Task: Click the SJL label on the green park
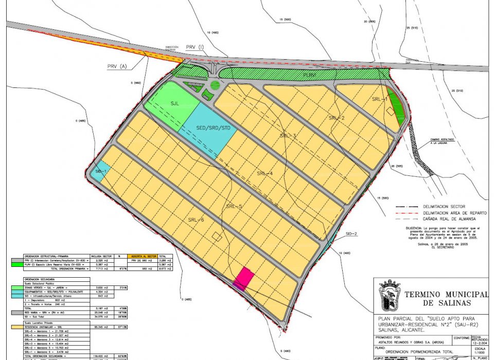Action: click(174, 103)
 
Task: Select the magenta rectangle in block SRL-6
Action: click(243, 278)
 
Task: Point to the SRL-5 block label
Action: click(234, 206)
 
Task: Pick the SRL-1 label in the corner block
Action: click(379, 99)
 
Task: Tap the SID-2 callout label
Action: click(351, 234)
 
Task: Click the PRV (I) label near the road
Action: click(195, 47)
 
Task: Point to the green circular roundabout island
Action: click(215, 86)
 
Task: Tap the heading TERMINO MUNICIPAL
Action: click(446, 294)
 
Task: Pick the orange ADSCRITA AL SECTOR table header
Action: click(144, 256)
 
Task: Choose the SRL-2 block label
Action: click(336, 118)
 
